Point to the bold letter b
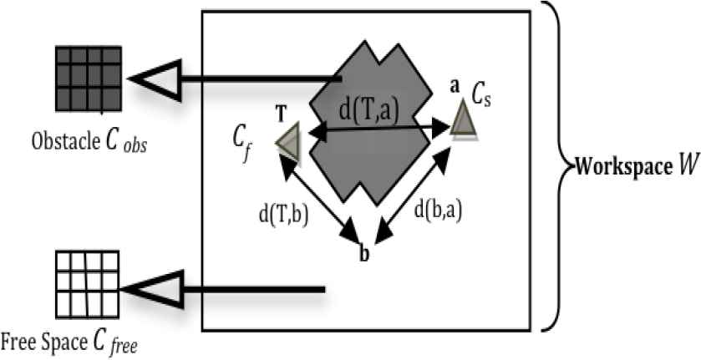click(363, 254)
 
